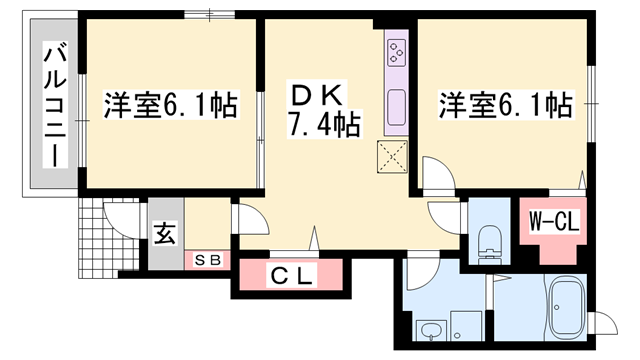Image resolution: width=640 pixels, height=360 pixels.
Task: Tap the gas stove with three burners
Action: [x=397, y=50]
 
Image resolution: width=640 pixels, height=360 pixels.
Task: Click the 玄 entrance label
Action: [x=163, y=238]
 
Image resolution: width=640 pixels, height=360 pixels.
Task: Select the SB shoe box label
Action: [x=210, y=260]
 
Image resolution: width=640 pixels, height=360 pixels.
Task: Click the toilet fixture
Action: [x=489, y=240]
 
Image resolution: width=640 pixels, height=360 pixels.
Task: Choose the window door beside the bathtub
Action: [x=606, y=325]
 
